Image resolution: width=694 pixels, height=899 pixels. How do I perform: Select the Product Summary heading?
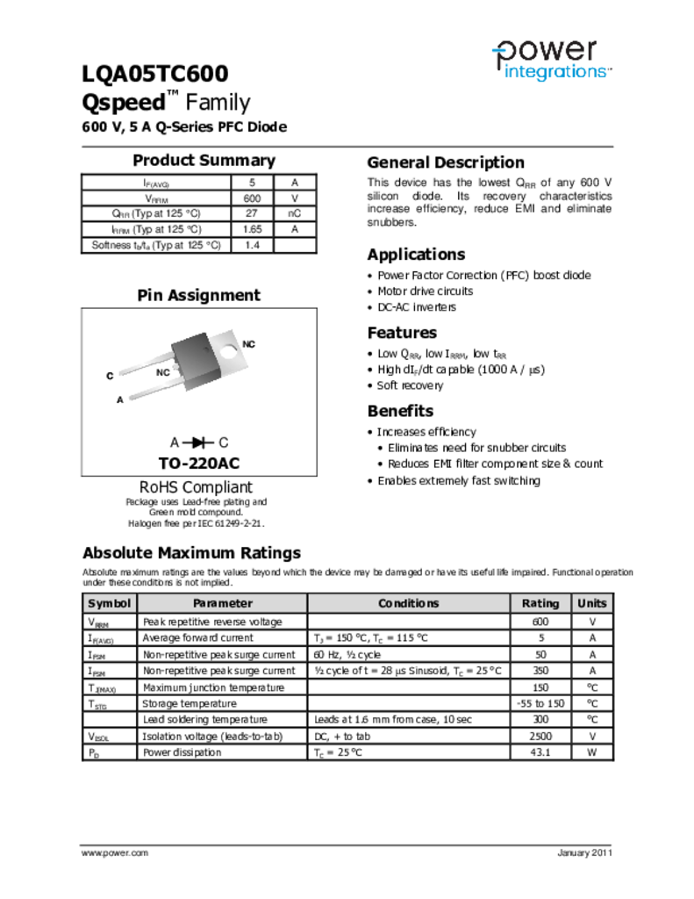click(x=204, y=161)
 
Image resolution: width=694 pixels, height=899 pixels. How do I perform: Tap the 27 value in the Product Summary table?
click(x=252, y=213)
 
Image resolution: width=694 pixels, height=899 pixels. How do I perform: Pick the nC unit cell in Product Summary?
click(x=295, y=213)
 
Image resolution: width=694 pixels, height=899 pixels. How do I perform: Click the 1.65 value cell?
click(x=252, y=229)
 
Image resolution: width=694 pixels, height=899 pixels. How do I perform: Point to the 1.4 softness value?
click(x=252, y=245)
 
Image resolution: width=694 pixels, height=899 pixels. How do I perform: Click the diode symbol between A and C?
click(x=199, y=442)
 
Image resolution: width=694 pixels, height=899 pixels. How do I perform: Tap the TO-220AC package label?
click(x=199, y=464)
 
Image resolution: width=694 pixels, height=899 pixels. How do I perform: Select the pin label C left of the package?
click(x=110, y=376)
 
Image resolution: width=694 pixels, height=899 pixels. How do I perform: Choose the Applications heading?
click(x=416, y=255)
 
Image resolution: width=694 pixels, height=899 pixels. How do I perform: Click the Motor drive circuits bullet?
click(x=425, y=291)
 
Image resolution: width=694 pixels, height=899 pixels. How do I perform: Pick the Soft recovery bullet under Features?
click(x=410, y=385)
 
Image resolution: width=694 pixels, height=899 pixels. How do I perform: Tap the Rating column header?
click(x=540, y=603)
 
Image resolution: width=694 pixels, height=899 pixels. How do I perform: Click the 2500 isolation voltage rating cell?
click(x=540, y=737)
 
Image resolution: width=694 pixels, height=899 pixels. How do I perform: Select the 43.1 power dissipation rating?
click(x=540, y=752)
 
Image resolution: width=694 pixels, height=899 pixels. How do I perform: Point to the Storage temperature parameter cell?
click(x=190, y=703)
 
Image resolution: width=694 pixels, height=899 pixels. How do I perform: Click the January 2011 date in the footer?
click(x=584, y=853)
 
